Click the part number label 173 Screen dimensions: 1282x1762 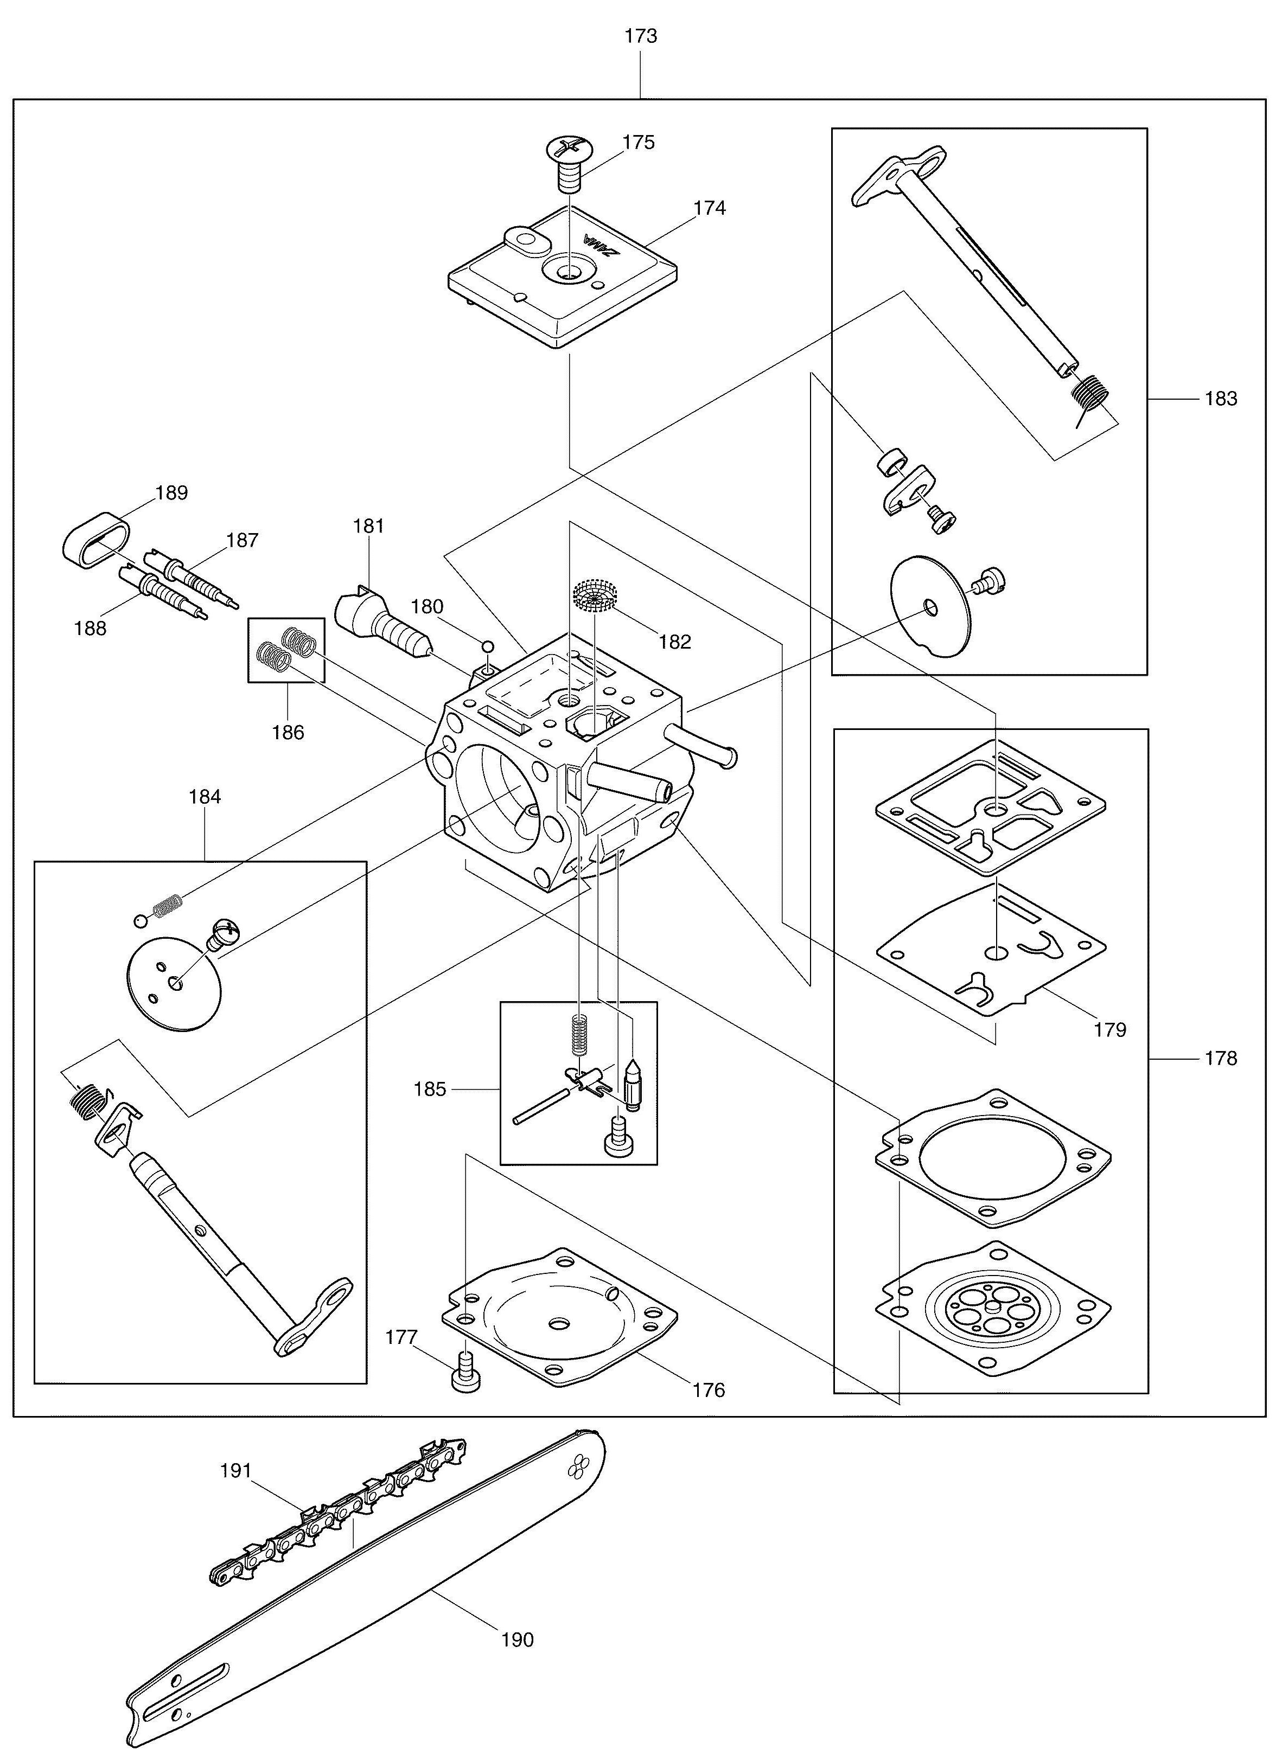click(641, 36)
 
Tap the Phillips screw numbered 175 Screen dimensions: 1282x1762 click(570, 165)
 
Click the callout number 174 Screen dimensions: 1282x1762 click(710, 208)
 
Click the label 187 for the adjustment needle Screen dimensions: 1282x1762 click(243, 540)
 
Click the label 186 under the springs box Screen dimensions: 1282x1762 click(288, 732)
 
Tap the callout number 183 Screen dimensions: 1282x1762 click(1221, 399)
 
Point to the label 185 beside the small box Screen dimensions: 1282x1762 click(430, 1089)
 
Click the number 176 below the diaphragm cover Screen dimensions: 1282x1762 click(709, 1390)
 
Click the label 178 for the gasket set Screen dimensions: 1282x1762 click(1221, 1058)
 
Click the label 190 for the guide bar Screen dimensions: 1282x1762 click(518, 1640)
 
